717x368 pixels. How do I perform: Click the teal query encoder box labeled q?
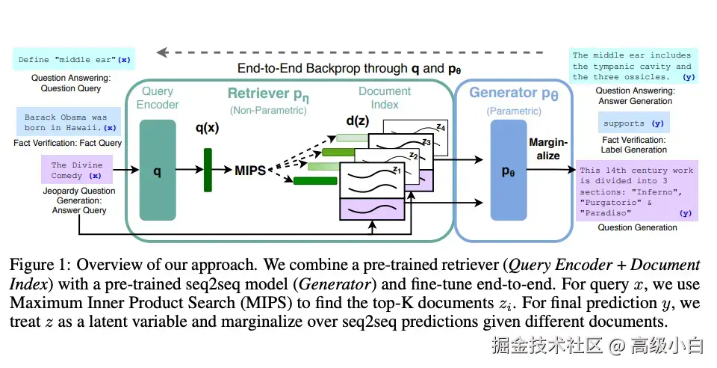[157, 171]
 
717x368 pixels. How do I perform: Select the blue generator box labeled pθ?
[509, 171]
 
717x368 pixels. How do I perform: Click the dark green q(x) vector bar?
[208, 171]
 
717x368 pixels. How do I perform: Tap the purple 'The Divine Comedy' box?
[76, 171]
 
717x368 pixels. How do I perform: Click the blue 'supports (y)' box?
[633, 123]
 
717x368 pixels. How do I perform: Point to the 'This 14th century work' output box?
[637, 191]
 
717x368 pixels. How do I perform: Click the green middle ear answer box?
[633, 66]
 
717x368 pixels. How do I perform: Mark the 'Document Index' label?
[385, 97]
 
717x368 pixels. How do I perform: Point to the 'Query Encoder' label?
[157, 97]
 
